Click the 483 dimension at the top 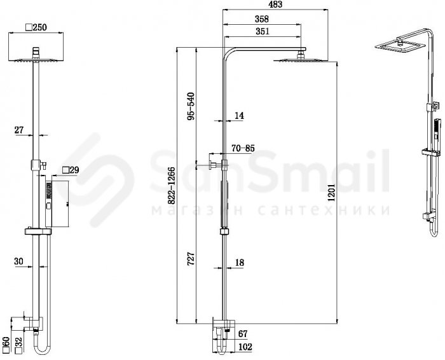point(275,4)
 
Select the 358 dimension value point(261,19)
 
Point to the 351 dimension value point(262,31)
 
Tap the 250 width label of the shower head point(36,27)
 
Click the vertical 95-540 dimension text point(191,106)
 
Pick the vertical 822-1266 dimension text point(171,186)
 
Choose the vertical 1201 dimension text point(331,192)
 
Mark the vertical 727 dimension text point(191,258)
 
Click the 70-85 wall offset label point(243,148)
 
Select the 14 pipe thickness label point(239,116)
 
